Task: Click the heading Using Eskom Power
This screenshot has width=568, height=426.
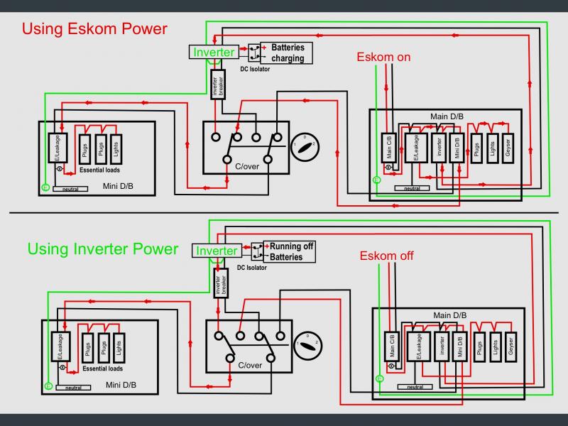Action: pyautogui.click(x=94, y=29)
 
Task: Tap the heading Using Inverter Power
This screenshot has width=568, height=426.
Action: pyautogui.click(x=102, y=248)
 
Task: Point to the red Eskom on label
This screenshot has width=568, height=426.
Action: pyautogui.click(x=383, y=57)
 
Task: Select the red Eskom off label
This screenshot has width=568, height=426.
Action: pyautogui.click(x=386, y=256)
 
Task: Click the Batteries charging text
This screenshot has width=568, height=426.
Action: pyautogui.click(x=288, y=53)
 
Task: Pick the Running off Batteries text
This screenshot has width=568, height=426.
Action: pyautogui.click(x=291, y=251)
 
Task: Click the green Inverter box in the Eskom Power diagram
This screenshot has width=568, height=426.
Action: pyautogui.click(x=213, y=53)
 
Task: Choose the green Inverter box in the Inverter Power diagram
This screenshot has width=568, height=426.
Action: pyautogui.click(x=217, y=251)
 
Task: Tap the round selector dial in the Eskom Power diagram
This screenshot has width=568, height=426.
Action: pyautogui.click(x=305, y=146)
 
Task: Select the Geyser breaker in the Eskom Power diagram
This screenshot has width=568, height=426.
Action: pyautogui.click(x=508, y=148)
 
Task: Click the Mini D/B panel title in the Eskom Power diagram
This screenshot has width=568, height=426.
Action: pyautogui.click(x=119, y=187)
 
